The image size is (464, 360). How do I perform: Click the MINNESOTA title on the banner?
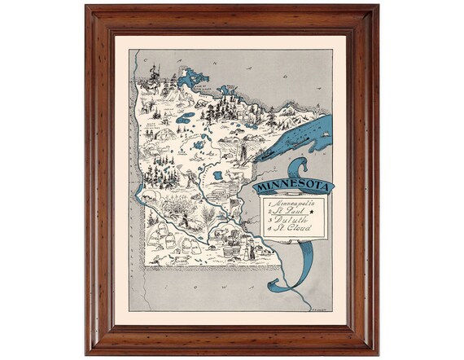293,187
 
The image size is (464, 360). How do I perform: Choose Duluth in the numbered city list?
287,219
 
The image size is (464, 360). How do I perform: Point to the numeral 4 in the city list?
266,229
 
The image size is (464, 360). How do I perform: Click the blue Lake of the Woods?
194,79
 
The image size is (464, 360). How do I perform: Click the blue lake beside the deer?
217,175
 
